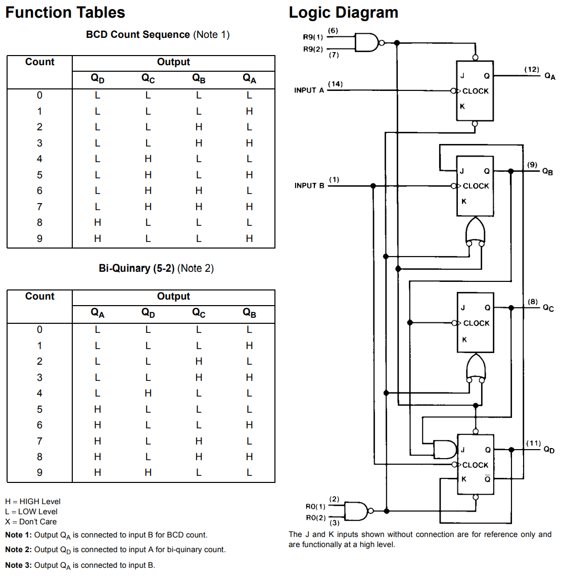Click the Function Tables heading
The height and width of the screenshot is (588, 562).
pos(65,12)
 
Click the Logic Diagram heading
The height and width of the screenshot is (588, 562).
pos(343,12)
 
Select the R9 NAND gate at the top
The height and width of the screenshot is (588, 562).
pos(367,43)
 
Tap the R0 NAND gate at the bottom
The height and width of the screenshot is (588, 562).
pos(356,511)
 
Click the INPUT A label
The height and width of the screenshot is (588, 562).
pos(309,90)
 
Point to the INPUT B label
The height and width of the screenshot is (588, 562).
pos(309,186)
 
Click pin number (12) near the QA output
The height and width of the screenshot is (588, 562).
pos(532,70)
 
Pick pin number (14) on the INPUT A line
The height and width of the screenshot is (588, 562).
pos(335,84)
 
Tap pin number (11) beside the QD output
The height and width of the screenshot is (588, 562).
pos(533,443)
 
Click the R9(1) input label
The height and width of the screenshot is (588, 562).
pos(313,37)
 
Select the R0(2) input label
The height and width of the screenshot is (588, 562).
pos(315,518)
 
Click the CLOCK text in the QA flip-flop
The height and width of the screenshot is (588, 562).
pos(476,91)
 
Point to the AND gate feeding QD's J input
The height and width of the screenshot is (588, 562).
pos(445,449)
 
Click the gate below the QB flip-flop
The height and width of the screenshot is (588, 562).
pos(475,231)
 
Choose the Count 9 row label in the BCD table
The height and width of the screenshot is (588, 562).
pos(39,238)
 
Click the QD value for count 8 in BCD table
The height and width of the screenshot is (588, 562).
pos(98,222)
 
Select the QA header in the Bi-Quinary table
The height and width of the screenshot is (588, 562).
pos(98,313)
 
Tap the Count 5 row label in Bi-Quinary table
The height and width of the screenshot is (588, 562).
pos(39,409)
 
